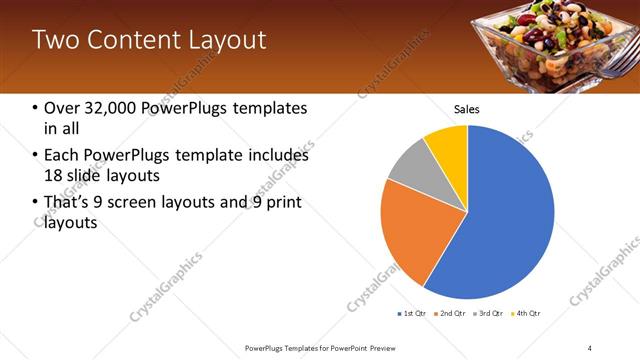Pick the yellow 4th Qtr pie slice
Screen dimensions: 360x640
[448, 145]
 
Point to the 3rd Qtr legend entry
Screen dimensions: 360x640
[491, 314]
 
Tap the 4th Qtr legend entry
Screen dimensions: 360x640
[528, 314]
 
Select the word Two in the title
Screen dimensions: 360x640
[53, 40]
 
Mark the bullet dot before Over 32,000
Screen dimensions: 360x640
[36, 108]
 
